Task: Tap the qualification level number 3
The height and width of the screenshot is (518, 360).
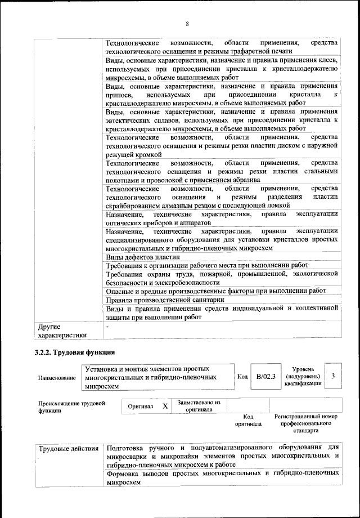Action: point(333,376)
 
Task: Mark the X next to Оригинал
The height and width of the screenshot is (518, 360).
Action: point(165,405)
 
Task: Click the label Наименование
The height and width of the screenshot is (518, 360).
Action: point(57,378)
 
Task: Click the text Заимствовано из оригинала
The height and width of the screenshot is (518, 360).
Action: point(199,406)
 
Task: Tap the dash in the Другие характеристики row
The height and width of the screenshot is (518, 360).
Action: point(108,326)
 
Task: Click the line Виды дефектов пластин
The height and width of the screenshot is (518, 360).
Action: point(140,257)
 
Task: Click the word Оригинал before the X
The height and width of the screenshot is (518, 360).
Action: point(141,406)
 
